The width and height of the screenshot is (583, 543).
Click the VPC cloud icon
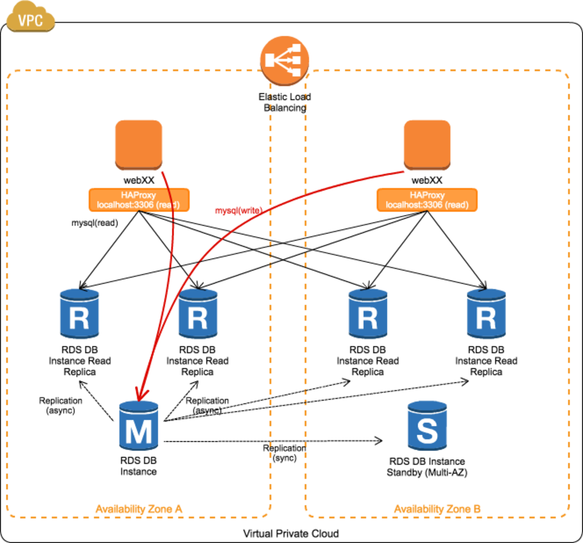30,19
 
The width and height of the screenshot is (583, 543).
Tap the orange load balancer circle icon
284,61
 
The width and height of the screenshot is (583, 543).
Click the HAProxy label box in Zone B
427,200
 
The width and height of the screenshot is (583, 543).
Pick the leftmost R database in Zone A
79,314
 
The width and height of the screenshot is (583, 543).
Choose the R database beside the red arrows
198,314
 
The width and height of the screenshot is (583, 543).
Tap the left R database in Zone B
368,314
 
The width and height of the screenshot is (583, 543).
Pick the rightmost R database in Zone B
487,314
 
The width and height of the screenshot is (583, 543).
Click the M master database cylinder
139,426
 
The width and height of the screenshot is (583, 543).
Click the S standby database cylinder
427,426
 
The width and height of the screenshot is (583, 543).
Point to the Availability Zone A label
139,509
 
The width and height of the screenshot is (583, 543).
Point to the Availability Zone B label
437,509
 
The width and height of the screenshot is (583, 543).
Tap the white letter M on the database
139,432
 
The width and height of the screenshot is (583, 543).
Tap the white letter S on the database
427,431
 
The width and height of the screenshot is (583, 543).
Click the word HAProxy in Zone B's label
427,195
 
